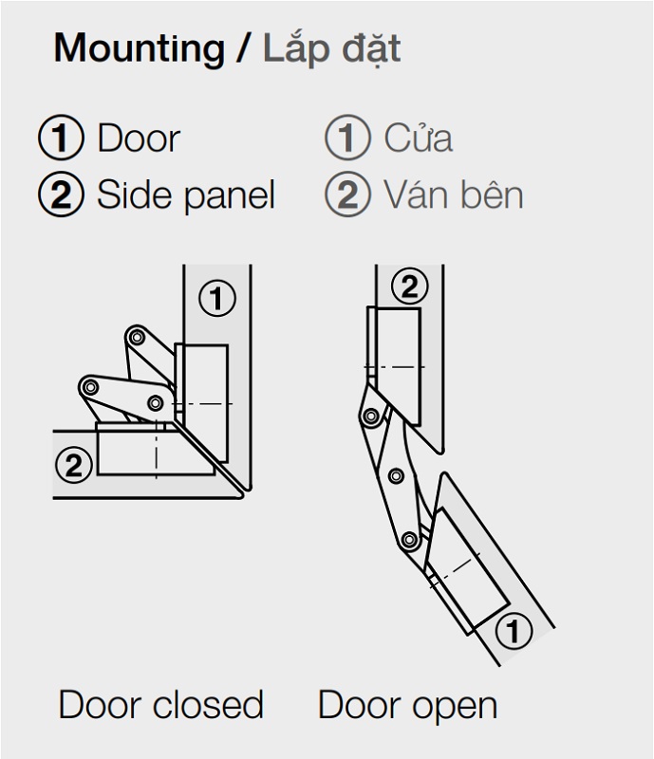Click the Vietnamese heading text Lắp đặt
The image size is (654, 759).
coord(332,47)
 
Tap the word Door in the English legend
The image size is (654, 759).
coord(139,139)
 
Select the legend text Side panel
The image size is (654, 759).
coord(186,195)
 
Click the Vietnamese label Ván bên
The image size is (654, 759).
coord(454,194)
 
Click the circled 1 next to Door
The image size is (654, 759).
coord(61,138)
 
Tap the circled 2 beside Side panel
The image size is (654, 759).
coord(61,194)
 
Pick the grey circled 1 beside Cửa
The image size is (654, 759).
coord(347,138)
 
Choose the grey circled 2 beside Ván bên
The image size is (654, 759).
coord(347,194)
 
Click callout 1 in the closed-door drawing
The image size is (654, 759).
coord(217,298)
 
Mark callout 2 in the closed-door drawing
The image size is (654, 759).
coord(74,465)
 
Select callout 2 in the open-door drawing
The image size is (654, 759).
coord(409,287)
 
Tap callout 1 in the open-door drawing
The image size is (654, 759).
coord(514,631)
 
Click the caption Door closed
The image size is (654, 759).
coord(160,705)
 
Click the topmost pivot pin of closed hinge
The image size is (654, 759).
coord(137,337)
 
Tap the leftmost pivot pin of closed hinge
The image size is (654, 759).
coord(89,387)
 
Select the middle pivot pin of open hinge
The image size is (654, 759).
coord(396,476)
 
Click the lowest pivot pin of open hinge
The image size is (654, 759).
coord(409,539)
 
